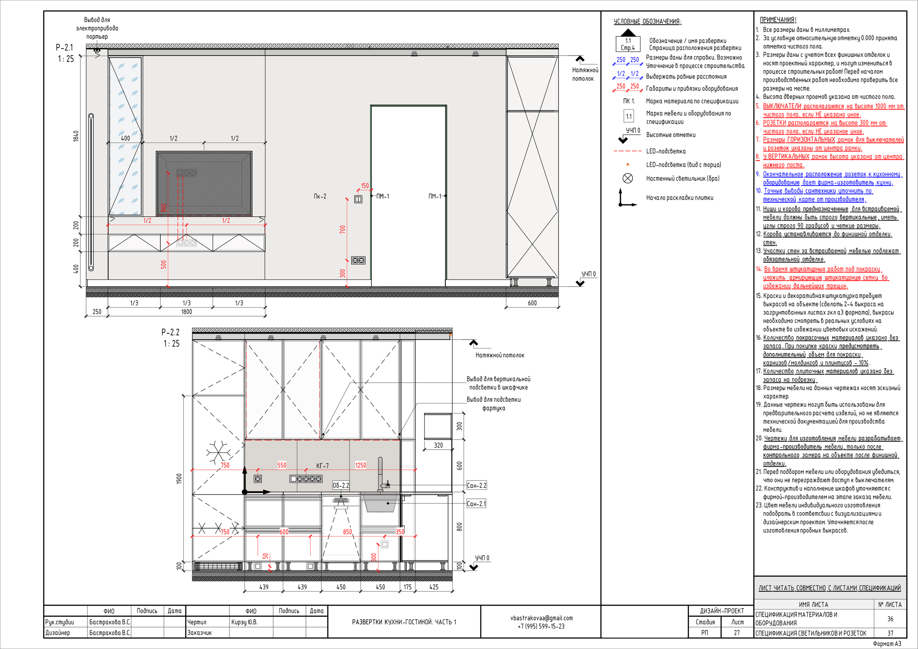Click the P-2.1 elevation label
coord(65,47)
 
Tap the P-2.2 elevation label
coord(171,332)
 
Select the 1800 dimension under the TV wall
coord(187,312)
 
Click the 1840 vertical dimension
coord(76,136)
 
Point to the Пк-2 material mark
coord(320,196)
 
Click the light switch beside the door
coord(358,199)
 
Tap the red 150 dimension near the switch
coord(365,186)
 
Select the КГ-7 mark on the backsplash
coord(322,466)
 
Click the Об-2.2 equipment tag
coord(341,485)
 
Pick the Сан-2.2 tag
coord(477,485)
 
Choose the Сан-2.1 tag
coord(476,504)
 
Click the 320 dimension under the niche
coord(439,445)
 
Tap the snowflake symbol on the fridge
coord(218,453)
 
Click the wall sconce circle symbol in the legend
coord(628,178)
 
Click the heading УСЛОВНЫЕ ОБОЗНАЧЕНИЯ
coord(648,22)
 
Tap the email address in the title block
coord(541,618)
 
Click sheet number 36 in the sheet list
coord(890,619)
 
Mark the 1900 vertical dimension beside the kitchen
coord(179,479)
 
